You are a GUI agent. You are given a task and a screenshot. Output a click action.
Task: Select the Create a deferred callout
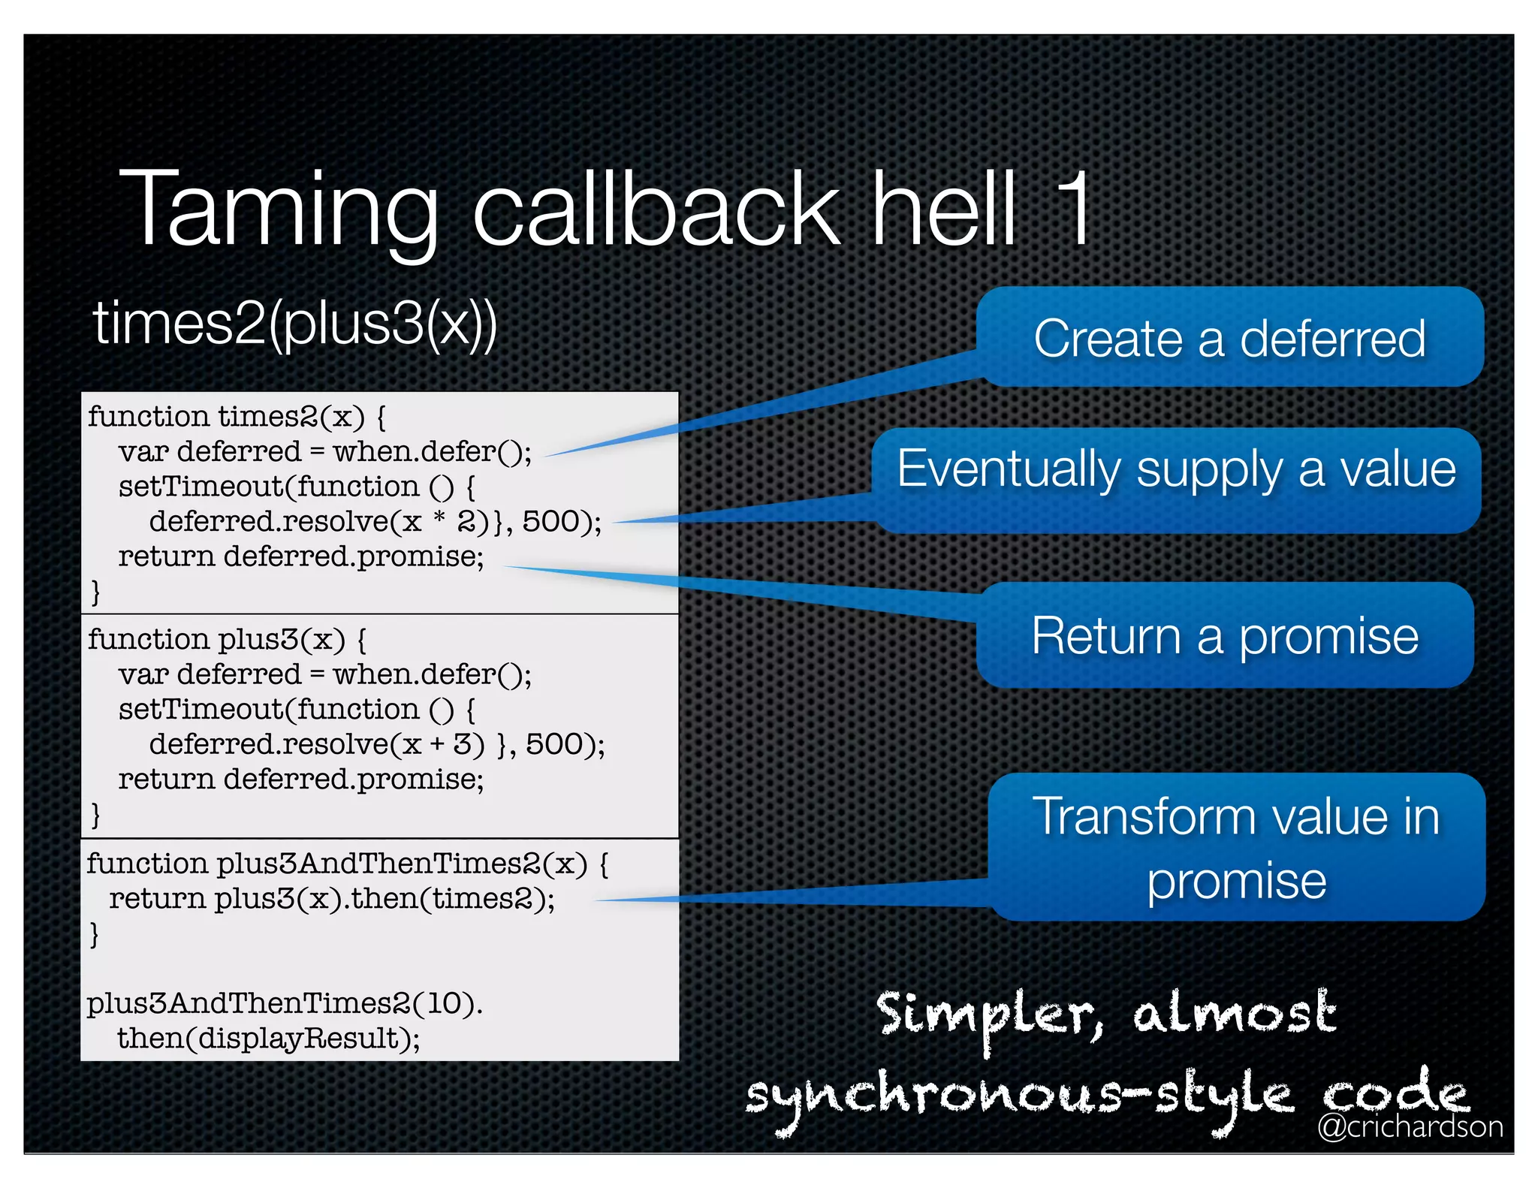coord(1229,338)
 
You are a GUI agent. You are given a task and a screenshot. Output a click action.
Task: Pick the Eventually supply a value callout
coord(1176,470)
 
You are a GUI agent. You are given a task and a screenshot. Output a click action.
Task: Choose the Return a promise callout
coord(1225,636)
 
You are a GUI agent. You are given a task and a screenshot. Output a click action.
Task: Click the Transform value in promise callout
coord(1236,847)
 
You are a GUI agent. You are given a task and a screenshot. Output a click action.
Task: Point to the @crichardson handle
coord(1410,1126)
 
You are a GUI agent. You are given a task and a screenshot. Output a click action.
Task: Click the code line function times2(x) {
coord(237,417)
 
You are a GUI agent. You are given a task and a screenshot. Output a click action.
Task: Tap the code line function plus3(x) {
coord(227,640)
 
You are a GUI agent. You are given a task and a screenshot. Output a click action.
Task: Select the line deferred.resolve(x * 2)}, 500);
coord(375,522)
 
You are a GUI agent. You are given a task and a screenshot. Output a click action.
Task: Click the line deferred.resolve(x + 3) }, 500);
coord(376,745)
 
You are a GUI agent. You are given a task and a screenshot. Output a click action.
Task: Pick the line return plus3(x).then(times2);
coord(331,899)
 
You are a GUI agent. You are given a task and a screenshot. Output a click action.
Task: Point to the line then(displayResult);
coord(268,1039)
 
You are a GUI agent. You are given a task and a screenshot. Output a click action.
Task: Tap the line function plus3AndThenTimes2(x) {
coord(347,864)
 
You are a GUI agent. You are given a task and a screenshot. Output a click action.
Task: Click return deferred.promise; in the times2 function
coord(300,557)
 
